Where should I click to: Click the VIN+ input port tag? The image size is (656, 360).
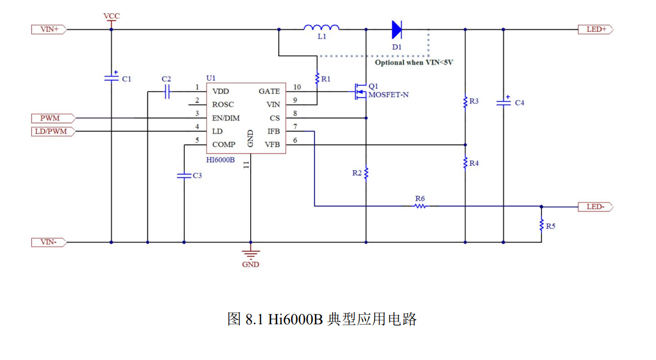tap(49, 29)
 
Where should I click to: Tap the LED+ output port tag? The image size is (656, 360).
tap(595, 29)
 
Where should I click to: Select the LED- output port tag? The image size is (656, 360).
tap(595, 207)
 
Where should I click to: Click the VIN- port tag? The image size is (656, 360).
tap(49, 242)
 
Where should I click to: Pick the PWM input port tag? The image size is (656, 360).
tap(52, 118)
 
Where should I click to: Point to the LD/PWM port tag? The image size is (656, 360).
tap(52, 131)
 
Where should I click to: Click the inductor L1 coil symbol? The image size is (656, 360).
tap(322, 27)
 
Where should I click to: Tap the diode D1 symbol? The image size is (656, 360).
tap(396, 29)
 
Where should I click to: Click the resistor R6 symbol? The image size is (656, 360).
tap(420, 206)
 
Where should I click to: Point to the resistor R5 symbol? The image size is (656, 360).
tap(542, 225)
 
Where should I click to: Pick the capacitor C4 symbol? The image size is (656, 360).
tap(503, 102)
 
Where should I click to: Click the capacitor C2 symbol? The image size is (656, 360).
tap(166, 92)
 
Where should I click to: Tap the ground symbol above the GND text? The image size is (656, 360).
tap(251, 254)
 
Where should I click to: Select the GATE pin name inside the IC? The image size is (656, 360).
tap(269, 91)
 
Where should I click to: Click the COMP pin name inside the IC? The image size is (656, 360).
tap(224, 145)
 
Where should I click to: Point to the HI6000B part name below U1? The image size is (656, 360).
tap(221, 160)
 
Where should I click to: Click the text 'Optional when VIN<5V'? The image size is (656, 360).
tap(414, 63)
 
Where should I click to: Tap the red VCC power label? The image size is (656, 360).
tap(111, 16)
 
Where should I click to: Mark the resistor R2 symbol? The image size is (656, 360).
tap(366, 173)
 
